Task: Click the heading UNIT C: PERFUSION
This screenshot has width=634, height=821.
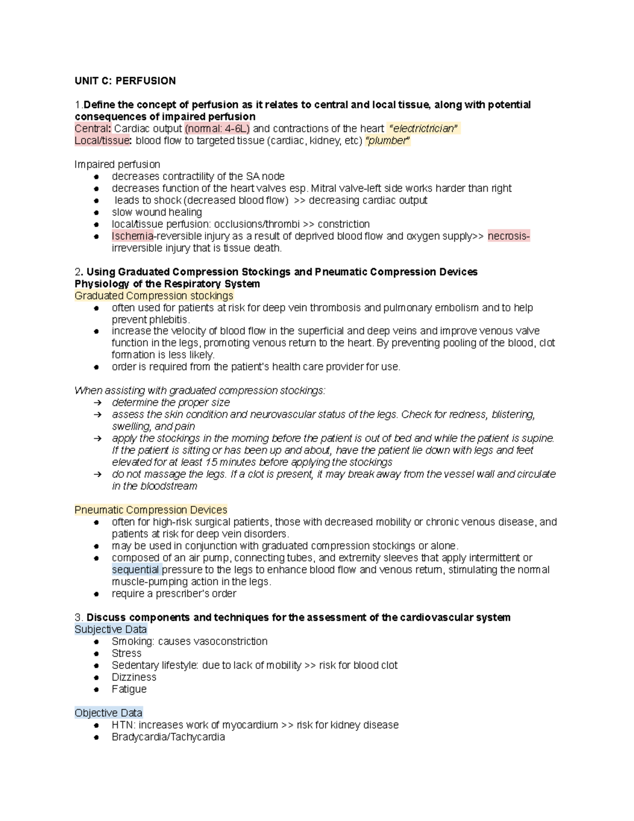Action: click(125, 81)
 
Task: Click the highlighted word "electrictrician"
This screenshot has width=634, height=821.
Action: click(423, 128)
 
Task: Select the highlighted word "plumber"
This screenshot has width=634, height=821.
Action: click(388, 141)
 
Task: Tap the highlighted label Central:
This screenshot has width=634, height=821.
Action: click(93, 128)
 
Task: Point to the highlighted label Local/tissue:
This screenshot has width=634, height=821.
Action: click(103, 141)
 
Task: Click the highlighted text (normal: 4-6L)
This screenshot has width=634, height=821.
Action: click(218, 128)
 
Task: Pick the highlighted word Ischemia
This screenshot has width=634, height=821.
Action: click(132, 236)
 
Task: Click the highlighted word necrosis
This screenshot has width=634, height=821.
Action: click(508, 236)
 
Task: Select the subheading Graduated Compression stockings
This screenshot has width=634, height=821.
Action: click(154, 296)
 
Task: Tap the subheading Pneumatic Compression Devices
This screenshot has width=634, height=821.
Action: click(151, 510)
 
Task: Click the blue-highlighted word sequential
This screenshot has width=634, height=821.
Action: click(136, 570)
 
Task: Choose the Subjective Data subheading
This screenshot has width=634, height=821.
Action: click(110, 630)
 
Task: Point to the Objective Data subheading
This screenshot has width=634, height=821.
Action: click(108, 713)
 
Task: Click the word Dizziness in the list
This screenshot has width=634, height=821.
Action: click(134, 677)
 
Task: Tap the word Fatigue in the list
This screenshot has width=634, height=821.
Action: click(129, 689)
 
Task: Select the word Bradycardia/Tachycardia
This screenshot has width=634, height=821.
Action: click(168, 737)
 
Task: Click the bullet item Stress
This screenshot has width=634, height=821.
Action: click(126, 653)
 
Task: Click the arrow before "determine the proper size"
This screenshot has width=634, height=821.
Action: click(97, 403)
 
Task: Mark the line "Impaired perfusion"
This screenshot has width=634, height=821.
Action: click(117, 164)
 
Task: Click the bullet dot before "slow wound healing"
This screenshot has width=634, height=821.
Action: click(97, 213)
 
